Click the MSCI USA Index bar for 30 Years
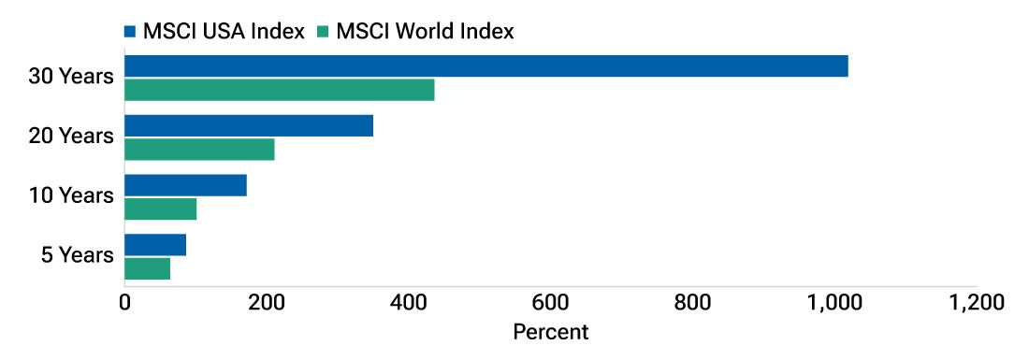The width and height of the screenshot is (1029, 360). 486,66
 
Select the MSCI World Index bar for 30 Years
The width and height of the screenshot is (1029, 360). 280,90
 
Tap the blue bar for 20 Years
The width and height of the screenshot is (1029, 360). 249,125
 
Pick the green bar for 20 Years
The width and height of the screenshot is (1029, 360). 199,149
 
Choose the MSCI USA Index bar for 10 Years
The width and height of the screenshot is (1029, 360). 185,185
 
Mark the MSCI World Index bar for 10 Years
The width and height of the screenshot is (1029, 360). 160,209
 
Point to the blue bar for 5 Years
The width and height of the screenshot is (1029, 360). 155,244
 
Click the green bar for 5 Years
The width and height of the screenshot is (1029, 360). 147,268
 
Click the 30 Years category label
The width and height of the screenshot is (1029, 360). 71,77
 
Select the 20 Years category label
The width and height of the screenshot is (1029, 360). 71,137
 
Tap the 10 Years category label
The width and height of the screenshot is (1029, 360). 71,196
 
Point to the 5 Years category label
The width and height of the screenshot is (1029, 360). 78,255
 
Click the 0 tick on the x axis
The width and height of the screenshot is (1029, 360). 124,303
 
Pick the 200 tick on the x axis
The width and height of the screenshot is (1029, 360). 267,303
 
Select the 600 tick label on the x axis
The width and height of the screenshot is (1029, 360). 550,303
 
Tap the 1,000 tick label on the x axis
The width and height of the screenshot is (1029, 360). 833,303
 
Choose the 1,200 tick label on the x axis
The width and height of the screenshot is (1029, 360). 976,303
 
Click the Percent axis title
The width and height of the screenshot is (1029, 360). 550,332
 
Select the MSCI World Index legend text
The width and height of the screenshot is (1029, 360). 425,32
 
